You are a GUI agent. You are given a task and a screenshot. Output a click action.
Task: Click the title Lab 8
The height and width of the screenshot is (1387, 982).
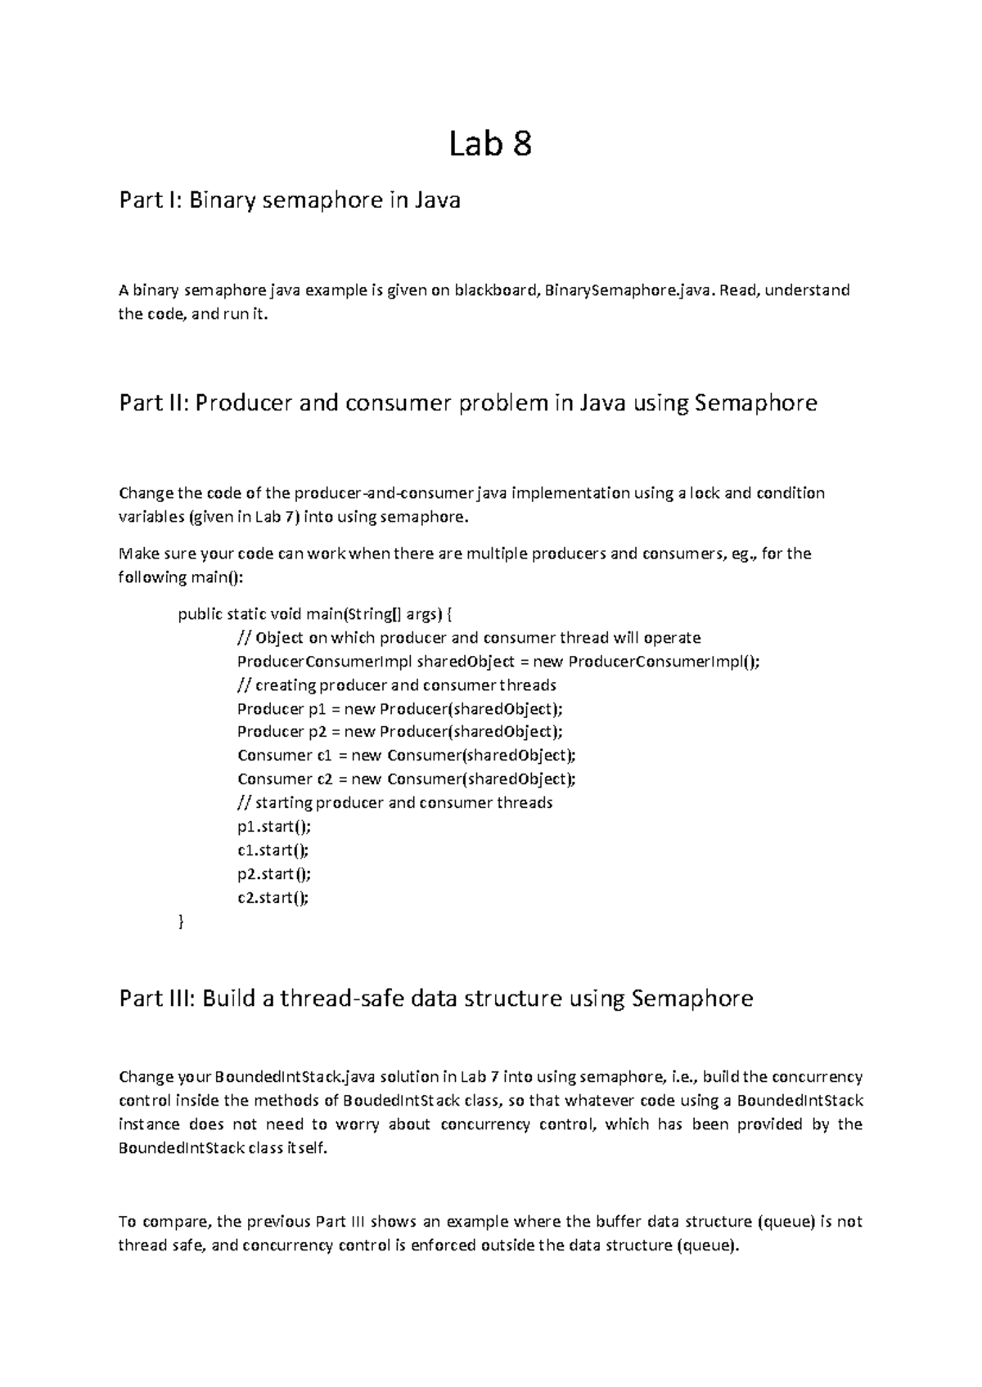pyautogui.click(x=490, y=145)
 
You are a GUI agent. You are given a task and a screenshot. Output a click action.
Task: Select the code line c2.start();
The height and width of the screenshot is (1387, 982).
pyautogui.click(x=273, y=898)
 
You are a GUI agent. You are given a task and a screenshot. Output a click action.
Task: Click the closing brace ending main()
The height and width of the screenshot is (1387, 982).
pyautogui.click(x=181, y=922)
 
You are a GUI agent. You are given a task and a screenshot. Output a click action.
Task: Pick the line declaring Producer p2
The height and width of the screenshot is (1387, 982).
pyautogui.click(x=400, y=732)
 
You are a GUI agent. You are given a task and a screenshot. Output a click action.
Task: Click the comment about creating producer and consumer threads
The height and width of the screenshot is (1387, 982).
pyautogui.click(x=397, y=685)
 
